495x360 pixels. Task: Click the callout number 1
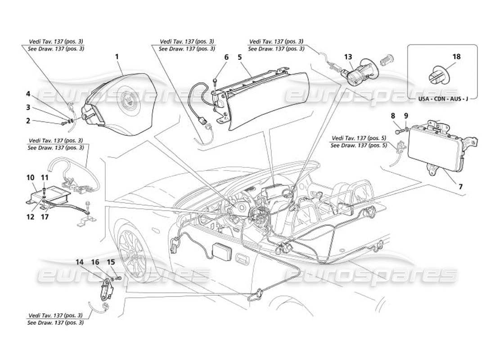coord(117,57)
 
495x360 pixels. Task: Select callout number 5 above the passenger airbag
coord(240,57)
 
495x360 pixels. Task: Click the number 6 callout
coord(226,57)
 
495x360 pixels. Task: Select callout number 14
coord(80,261)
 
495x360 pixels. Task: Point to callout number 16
coord(95,261)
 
